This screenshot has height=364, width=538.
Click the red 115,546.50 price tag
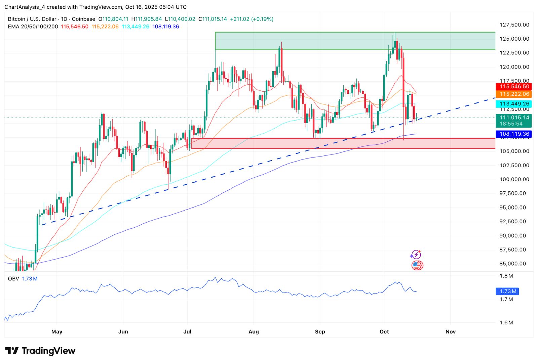coord(513,87)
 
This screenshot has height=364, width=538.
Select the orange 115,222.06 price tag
coord(513,94)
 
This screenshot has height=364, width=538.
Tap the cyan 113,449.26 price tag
coord(513,104)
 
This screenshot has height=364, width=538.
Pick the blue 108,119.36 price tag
coord(513,134)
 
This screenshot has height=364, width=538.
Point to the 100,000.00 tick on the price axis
coord(514,179)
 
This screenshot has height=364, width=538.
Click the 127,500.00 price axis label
coord(514,25)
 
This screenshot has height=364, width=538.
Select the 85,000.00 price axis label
coord(512,264)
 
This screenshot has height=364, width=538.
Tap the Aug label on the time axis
coord(254,332)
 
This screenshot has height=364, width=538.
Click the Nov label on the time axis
coord(450,332)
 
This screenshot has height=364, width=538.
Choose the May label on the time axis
coord(57,332)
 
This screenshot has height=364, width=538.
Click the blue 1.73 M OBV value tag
coord(507,291)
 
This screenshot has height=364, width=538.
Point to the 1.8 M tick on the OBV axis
coord(506,276)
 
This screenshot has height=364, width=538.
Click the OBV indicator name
coord(13,279)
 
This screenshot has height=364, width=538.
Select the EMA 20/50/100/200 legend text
coord(33,27)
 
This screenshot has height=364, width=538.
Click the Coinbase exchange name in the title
coord(83,19)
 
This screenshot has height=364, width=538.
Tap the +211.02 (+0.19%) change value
coord(252,19)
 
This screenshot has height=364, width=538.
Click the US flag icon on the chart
coord(417,266)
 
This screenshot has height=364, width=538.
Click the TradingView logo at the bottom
coord(40,351)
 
